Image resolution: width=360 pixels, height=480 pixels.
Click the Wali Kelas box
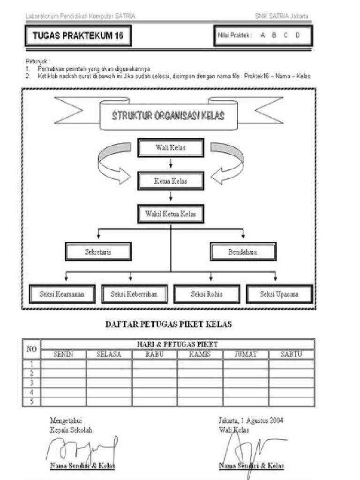click(171, 148)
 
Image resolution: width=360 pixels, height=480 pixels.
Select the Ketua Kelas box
click(171, 181)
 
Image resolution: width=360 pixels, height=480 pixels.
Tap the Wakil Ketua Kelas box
click(171, 214)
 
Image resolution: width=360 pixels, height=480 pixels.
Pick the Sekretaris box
click(98, 252)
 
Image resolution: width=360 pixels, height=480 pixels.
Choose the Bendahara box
click(242, 252)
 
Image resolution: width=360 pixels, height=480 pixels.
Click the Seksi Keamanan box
click(62, 294)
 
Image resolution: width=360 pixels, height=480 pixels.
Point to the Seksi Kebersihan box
click(134, 294)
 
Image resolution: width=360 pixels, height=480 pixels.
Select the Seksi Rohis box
click(207, 294)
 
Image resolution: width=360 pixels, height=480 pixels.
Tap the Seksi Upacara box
click(279, 294)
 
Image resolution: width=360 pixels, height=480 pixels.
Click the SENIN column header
click(63, 354)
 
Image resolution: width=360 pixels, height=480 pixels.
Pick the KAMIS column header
click(200, 354)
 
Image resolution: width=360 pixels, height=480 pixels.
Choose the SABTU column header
click(291, 354)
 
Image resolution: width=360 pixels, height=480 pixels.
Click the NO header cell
click(31, 349)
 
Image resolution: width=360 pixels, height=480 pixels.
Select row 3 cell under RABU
click(154, 382)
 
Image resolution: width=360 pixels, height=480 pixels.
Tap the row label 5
click(31, 401)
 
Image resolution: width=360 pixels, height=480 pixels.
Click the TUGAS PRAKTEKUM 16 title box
click(78, 36)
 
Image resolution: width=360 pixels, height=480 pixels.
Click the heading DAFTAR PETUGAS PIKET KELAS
click(168, 324)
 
